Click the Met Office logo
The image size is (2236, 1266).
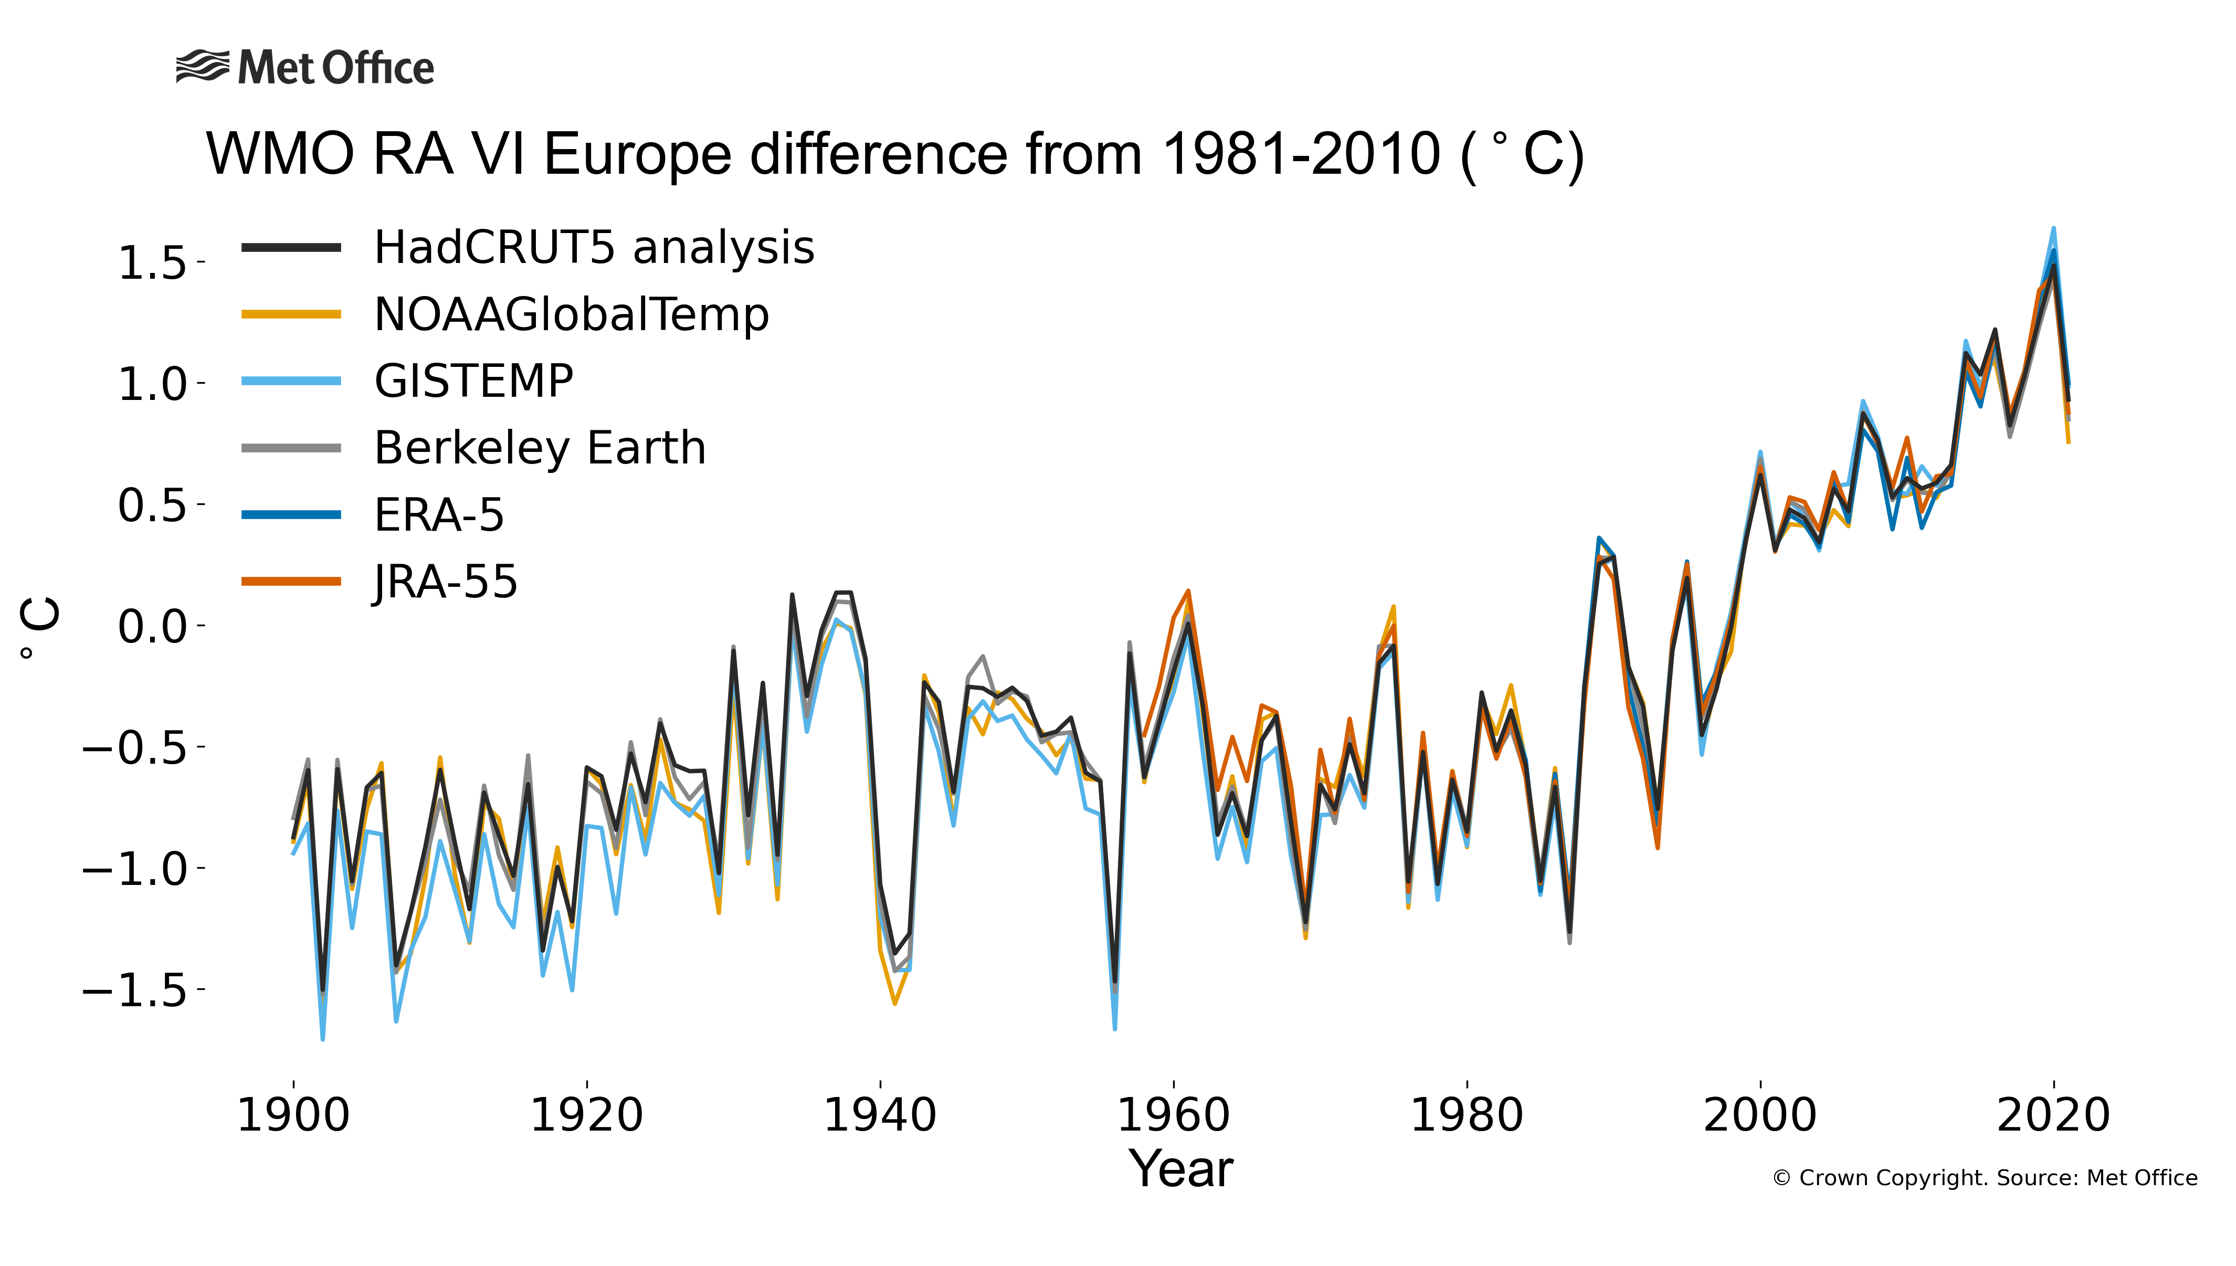point(304,68)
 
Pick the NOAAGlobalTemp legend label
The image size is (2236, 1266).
point(571,315)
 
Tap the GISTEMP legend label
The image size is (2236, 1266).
point(474,382)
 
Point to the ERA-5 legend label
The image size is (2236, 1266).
point(439,515)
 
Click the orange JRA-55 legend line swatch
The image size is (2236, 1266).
point(290,581)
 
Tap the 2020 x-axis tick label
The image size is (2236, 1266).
point(2053,1115)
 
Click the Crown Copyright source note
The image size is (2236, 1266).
point(1985,1178)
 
